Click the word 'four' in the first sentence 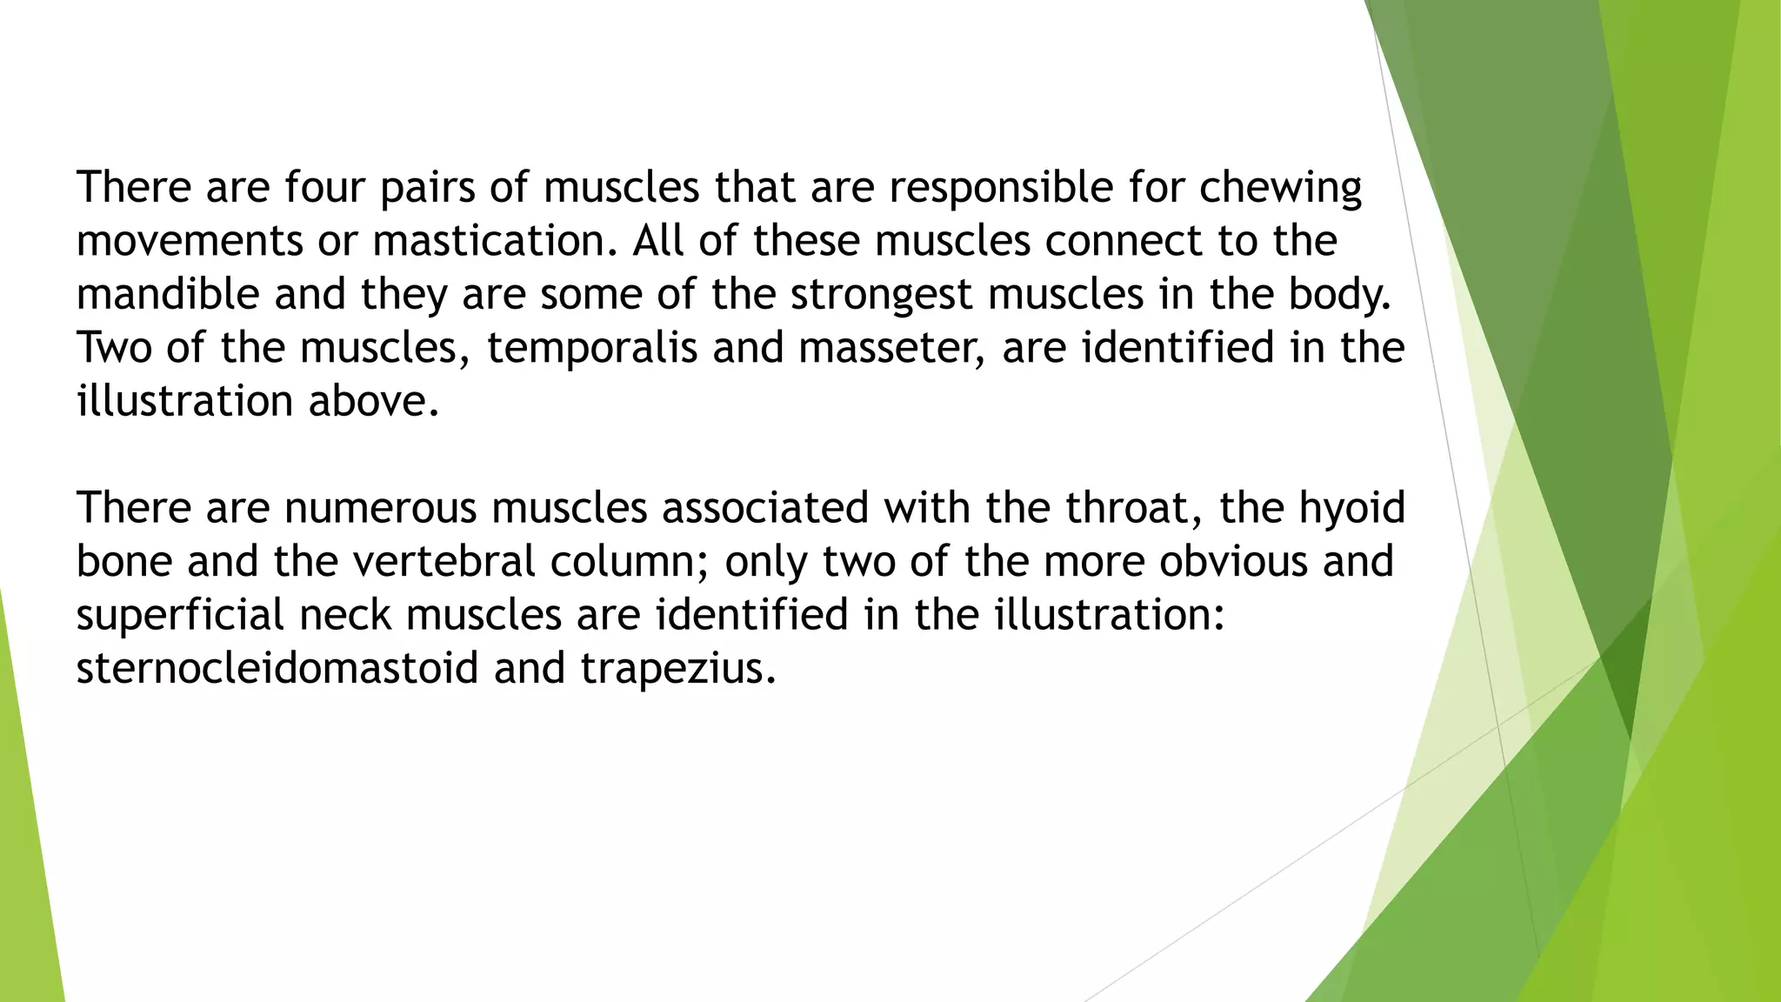point(324,188)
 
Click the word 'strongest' point(881,296)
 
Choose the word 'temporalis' point(592,348)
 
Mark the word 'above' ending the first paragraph point(373,401)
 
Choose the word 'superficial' point(180,615)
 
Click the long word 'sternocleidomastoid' point(277,668)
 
